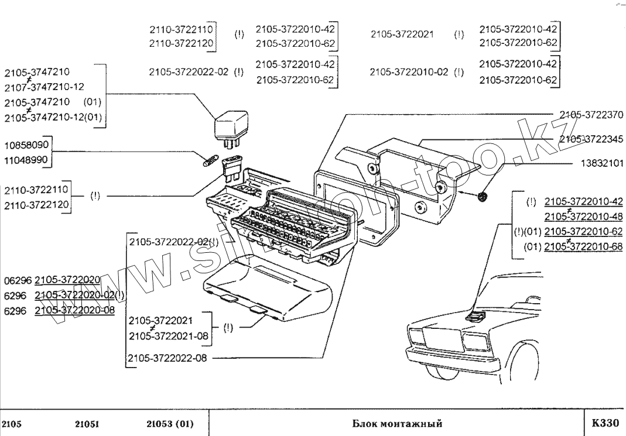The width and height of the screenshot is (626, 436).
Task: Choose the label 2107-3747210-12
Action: [44, 87]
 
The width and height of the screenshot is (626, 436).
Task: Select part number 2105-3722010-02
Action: [409, 72]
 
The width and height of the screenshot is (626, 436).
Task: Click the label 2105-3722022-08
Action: [168, 358]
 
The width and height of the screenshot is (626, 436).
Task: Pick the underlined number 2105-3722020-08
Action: [74, 310]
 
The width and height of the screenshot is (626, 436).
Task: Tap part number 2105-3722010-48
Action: [583, 217]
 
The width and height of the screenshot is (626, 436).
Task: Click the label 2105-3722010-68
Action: [583, 247]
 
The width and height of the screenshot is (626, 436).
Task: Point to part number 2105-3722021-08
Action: [168, 336]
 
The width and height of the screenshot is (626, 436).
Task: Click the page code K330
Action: [605, 423]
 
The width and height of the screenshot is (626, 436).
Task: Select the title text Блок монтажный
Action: [397, 423]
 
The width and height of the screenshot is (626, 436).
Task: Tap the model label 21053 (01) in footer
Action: [170, 423]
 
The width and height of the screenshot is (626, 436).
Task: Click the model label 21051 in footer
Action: [87, 423]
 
